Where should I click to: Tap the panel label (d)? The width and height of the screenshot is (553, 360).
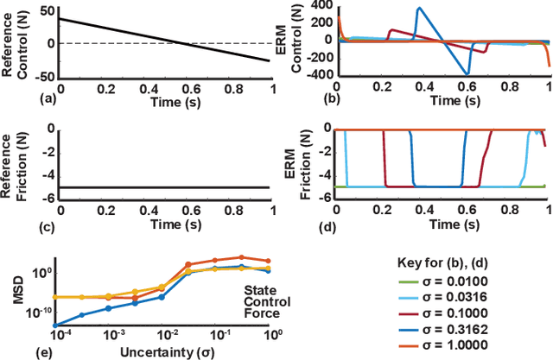tap(290, 227)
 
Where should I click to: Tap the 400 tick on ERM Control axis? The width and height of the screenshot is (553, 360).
tap(321, 7)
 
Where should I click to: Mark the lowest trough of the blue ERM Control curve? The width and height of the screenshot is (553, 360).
tap(517, 74)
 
